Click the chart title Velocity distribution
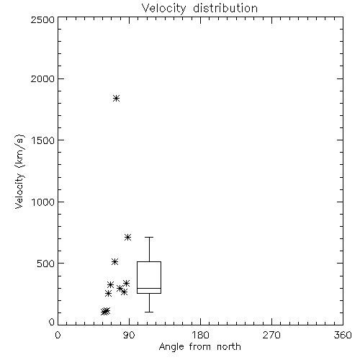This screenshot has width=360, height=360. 199,9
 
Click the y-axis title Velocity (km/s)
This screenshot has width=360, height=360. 19,171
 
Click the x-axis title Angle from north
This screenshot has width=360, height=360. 200,347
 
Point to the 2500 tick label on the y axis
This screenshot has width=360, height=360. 43,19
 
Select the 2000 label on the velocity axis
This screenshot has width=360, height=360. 43,78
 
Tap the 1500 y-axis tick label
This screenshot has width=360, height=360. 43,140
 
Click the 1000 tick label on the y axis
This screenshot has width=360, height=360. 43,202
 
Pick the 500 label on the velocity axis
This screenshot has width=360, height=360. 46,264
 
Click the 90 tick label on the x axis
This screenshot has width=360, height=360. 129,335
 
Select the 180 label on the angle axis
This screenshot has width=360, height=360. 200,335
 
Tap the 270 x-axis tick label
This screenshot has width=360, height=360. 271,335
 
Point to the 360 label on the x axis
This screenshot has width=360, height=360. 343,335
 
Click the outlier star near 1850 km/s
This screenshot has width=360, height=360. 117,98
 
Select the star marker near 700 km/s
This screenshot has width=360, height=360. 127,238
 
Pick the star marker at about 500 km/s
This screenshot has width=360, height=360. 115,261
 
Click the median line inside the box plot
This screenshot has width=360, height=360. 149,288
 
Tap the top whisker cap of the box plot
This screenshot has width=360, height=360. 149,237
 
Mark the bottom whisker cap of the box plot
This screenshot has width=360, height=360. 149,312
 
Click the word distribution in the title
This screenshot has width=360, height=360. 225,9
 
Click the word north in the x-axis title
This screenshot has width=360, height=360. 229,347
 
